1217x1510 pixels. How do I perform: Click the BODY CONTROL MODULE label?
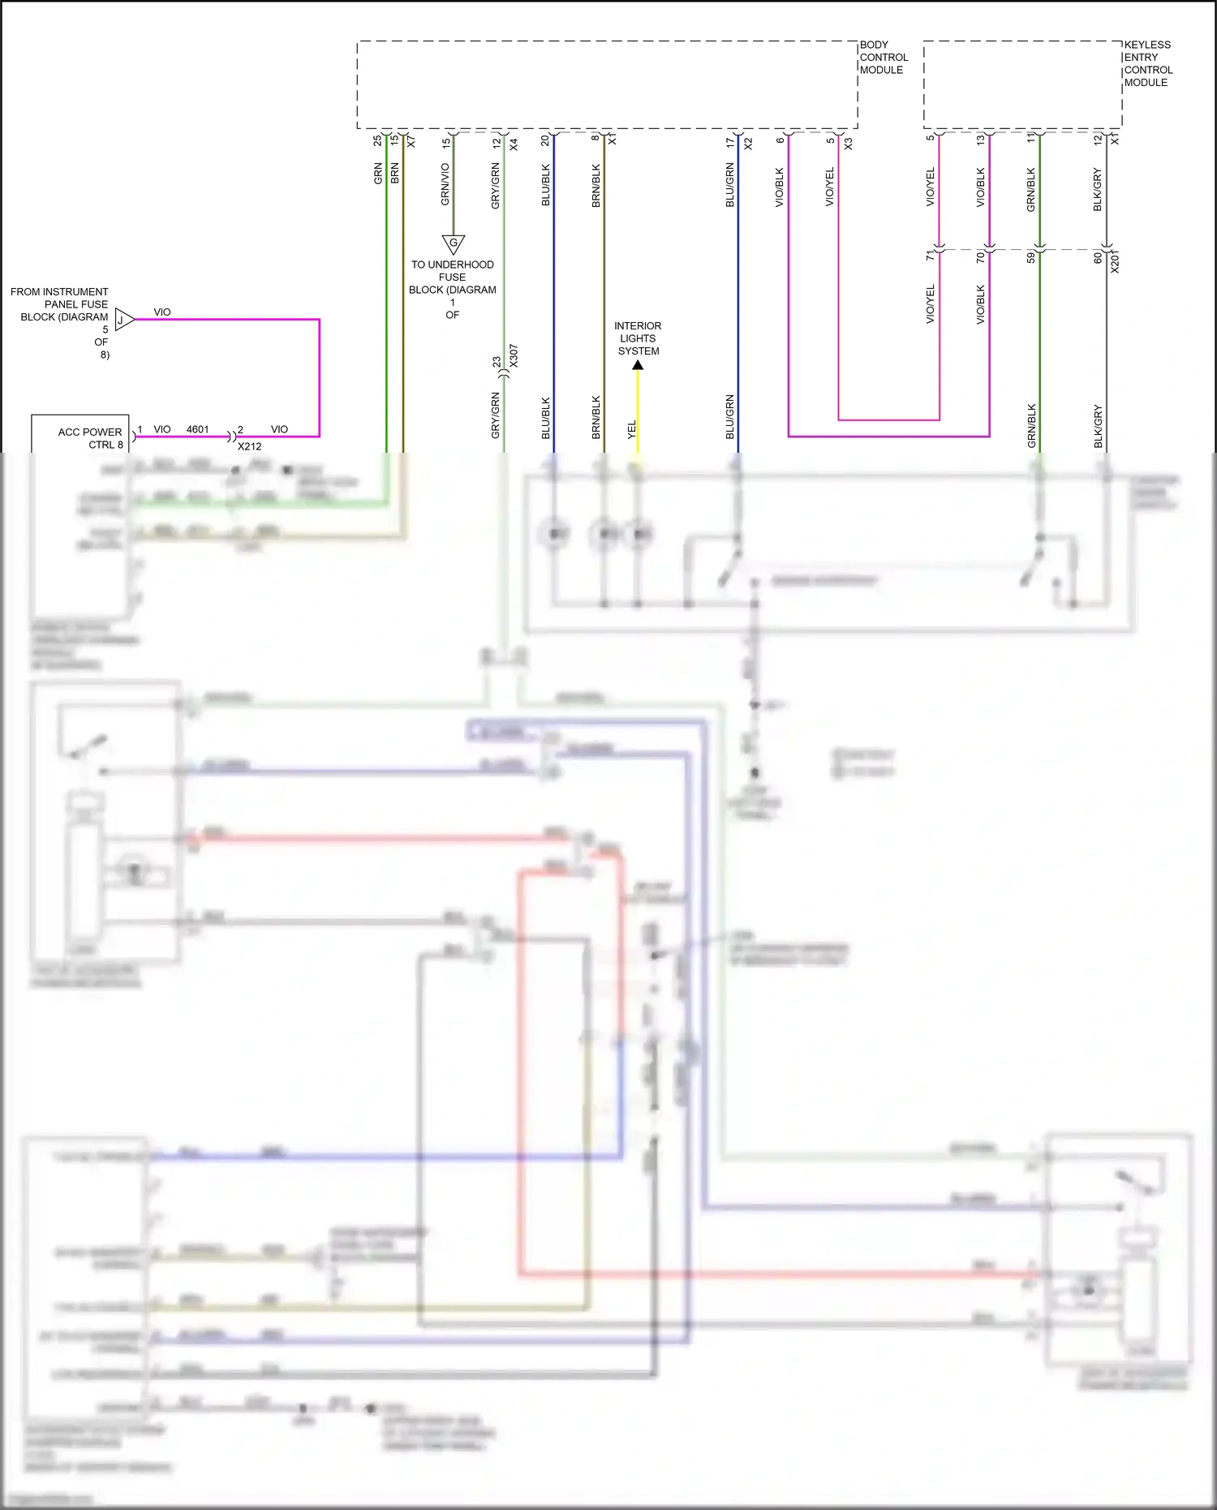click(x=883, y=58)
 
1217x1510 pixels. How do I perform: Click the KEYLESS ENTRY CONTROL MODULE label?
click(x=1147, y=63)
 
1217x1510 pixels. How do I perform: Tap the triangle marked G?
click(x=453, y=243)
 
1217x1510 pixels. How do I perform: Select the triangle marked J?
click(x=123, y=320)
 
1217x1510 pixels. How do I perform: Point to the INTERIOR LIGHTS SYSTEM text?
click(x=638, y=338)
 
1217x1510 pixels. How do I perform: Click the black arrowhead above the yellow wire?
click(x=638, y=365)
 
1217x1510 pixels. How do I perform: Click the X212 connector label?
click(x=249, y=446)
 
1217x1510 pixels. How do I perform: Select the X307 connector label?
click(x=514, y=355)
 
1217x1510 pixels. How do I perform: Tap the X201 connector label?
click(x=1115, y=261)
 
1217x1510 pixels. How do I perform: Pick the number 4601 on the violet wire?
click(x=197, y=429)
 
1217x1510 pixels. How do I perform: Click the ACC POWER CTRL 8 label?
click(x=90, y=438)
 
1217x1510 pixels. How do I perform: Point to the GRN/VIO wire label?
click(x=445, y=184)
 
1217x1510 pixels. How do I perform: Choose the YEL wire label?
click(x=632, y=430)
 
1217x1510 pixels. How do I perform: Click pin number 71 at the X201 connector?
click(x=931, y=256)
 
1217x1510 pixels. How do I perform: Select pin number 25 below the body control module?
click(x=377, y=140)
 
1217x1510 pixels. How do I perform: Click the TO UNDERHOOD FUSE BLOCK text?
click(x=452, y=277)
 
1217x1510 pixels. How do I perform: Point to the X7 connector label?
click(x=411, y=141)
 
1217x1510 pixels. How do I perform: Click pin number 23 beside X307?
click(x=497, y=362)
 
